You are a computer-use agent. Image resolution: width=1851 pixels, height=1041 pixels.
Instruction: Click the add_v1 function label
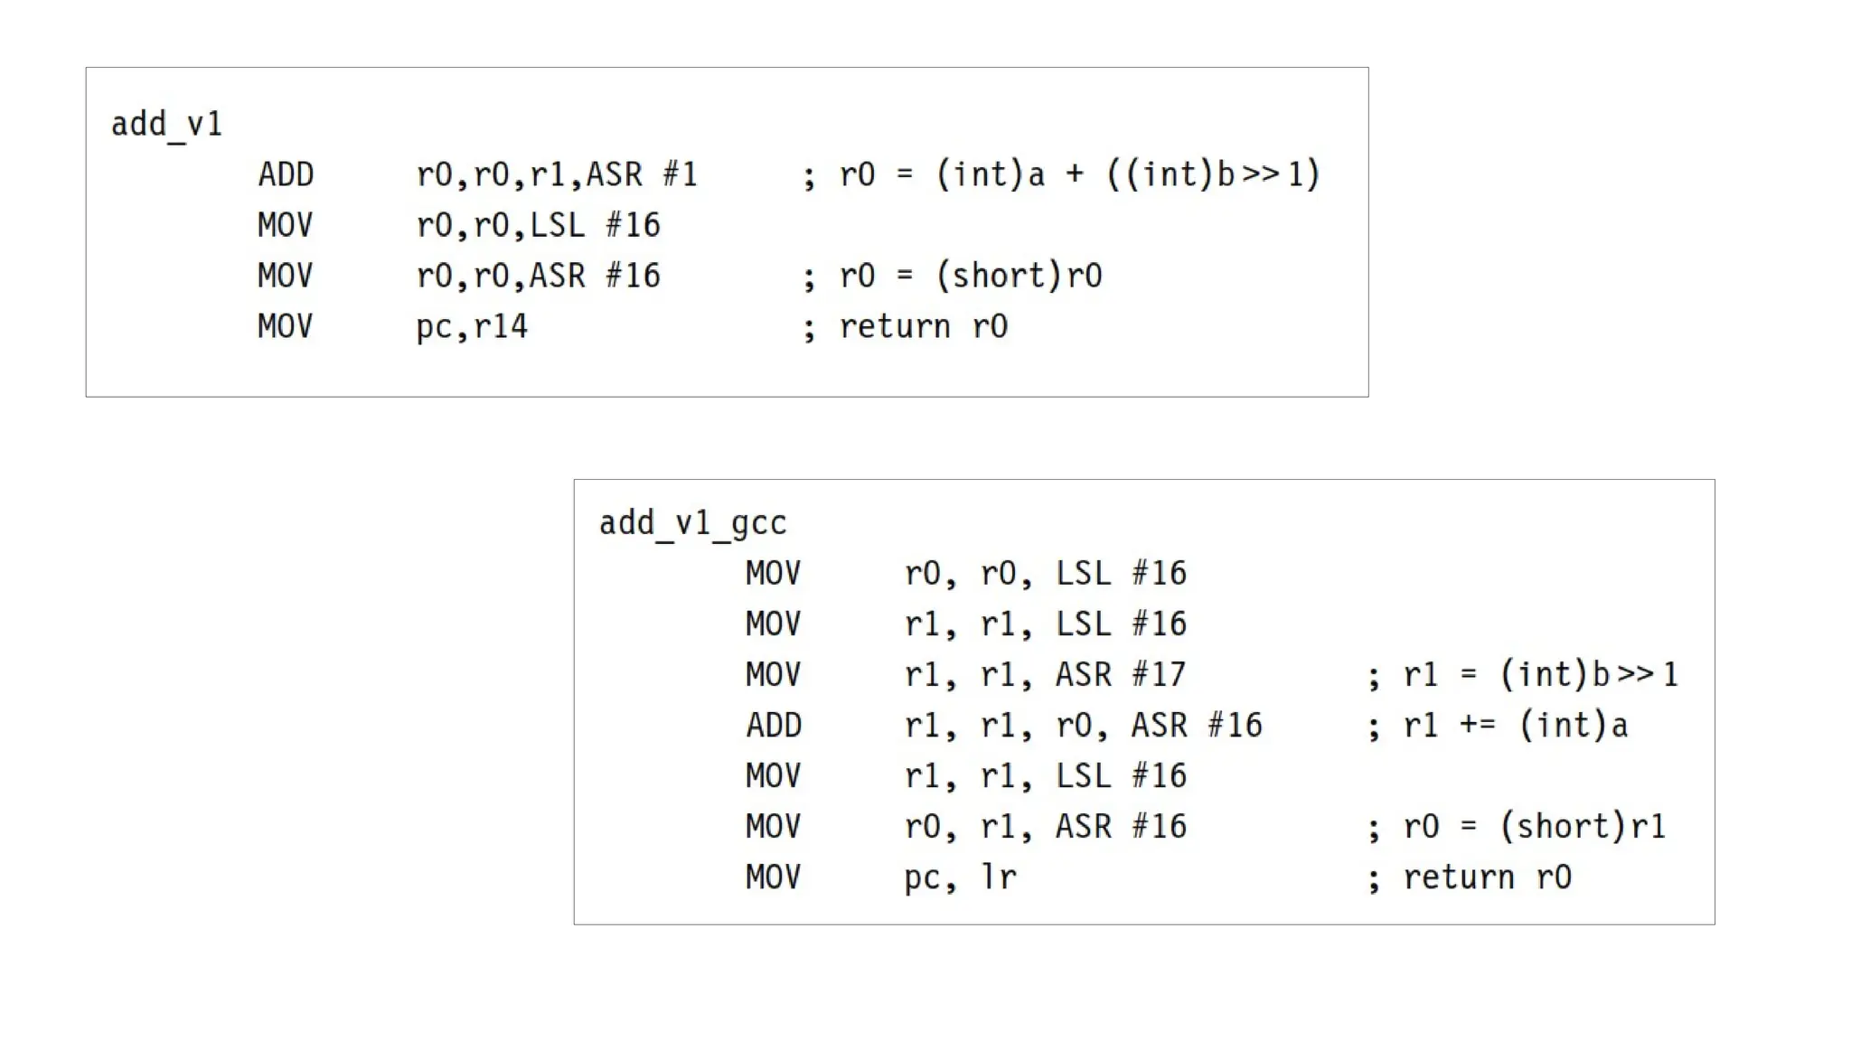coord(166,124)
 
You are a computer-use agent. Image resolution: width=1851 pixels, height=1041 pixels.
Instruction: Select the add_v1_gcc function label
coord(692,523)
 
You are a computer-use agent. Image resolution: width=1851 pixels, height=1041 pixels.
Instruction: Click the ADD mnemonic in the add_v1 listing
coord(286,174)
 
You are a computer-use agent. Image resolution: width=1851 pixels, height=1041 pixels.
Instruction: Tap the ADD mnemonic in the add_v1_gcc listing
coord(774,726)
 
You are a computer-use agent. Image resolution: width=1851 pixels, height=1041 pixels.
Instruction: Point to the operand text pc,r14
coord(471,327)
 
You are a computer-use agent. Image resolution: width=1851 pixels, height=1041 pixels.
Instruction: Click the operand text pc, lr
coord(960,877)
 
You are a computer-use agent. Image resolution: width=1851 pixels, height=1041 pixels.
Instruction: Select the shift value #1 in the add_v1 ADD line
coord(681,174)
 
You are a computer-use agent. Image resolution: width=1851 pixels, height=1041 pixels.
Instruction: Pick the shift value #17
coord(1159,675)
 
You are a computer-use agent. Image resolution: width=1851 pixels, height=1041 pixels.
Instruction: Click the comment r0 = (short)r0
coord(970,277)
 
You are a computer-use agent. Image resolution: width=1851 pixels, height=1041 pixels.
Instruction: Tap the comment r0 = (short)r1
coord(1534,827)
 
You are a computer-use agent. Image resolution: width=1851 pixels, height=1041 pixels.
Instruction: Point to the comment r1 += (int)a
coord(1515,726)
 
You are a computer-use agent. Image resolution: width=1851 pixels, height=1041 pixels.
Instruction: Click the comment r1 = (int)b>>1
coord(1540,675)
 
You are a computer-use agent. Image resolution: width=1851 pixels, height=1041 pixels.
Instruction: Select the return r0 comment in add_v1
coord(923,327)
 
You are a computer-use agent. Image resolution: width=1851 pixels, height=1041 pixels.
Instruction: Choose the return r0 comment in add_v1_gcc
coord(1487,877)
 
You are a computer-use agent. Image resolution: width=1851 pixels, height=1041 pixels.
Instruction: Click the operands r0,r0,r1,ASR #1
coord(557,174)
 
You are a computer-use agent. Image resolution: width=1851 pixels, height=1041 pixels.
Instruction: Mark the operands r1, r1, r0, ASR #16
coord(1083,726)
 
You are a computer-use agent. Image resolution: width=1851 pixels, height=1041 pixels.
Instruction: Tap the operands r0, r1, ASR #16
coord(1045,827)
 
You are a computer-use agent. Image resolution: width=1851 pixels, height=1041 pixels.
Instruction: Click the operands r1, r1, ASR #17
coord(1045,675)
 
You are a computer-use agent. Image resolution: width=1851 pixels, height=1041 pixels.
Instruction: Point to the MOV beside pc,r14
coord(285,327)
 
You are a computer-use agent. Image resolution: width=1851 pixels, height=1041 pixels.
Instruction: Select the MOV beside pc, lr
coord(773,877)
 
